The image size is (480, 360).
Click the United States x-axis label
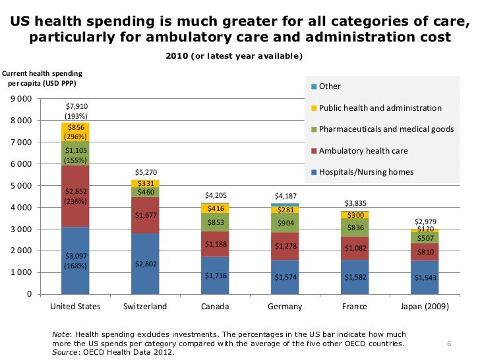75,307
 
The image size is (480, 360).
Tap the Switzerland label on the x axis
145,307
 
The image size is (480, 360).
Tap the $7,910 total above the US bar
76,105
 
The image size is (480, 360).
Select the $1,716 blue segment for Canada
215,275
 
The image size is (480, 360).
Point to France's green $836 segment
355,227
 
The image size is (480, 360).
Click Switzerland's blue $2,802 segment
145,264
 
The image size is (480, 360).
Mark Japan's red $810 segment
425,252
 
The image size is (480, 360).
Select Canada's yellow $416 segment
215,208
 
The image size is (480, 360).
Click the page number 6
448,344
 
